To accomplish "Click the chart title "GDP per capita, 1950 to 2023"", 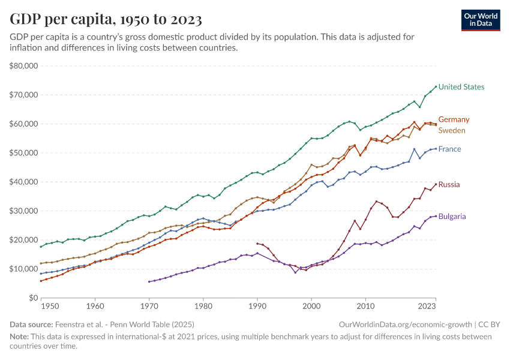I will [x=106, y=19].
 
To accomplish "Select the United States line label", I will [x=461, y=87].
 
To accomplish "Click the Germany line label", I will [x=454, y=119].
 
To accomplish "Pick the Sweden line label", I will [x=452, y=130].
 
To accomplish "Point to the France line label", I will [x=449, y=149].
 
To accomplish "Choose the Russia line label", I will [x=449, y=185].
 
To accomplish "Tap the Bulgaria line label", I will [x=452, y=216].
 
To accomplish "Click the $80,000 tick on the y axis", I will [x=24, y=66].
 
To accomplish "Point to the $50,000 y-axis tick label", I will [x=24, y=153].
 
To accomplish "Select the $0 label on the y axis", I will [x=34, y=298].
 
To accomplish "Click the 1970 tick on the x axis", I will [x=149, y=307].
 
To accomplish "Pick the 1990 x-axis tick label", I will [x=257, y=307].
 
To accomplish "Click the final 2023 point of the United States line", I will [x=436, y=86].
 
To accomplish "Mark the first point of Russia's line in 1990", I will [x=257, y=244].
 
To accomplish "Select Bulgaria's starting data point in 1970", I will [x=149, y=281].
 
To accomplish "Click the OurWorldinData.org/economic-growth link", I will [x=404, y=324].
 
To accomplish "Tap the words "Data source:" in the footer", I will [x=30, y=324].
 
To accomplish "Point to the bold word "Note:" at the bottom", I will [x=20, y=336].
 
